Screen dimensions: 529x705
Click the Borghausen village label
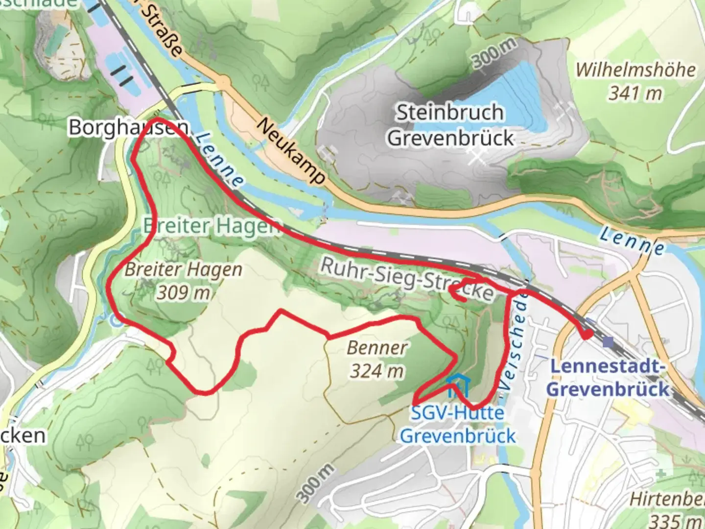tap(128, 127)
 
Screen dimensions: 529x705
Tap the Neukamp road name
tap(291, 150)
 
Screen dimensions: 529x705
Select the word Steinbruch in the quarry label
tap(449, 113)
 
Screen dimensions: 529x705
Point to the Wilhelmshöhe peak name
tap(635, 70)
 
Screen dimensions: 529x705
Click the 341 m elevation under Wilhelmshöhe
tap(635, 93)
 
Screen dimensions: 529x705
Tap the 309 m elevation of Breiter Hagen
tap(184, 292)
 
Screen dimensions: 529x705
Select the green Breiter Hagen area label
tap(211, 226)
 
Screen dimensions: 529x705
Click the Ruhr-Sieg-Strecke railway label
tap(406, 279)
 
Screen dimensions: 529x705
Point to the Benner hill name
tap(376, 348)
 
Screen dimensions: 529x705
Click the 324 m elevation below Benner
tap(376, 371)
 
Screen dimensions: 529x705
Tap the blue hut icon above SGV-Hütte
tap(457, 385)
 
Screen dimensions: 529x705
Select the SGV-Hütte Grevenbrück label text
tap(457, 424)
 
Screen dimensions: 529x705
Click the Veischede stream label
tap(515, 340)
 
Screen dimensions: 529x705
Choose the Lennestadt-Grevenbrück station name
tap(608, 378)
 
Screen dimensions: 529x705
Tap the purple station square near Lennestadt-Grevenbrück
tap(609, 342)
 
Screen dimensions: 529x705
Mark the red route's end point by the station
tap(586, 335)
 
